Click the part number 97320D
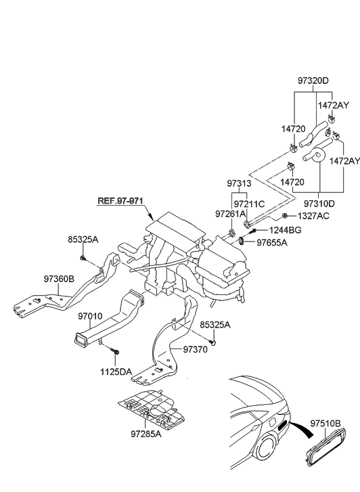(313, 81)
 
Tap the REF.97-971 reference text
(120, 201)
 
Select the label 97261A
(230, 215)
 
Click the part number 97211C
(249, 203)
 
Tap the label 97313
(239, 184)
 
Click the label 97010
(89, 316)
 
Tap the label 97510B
(327, 424)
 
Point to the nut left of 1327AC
(285, 216)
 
